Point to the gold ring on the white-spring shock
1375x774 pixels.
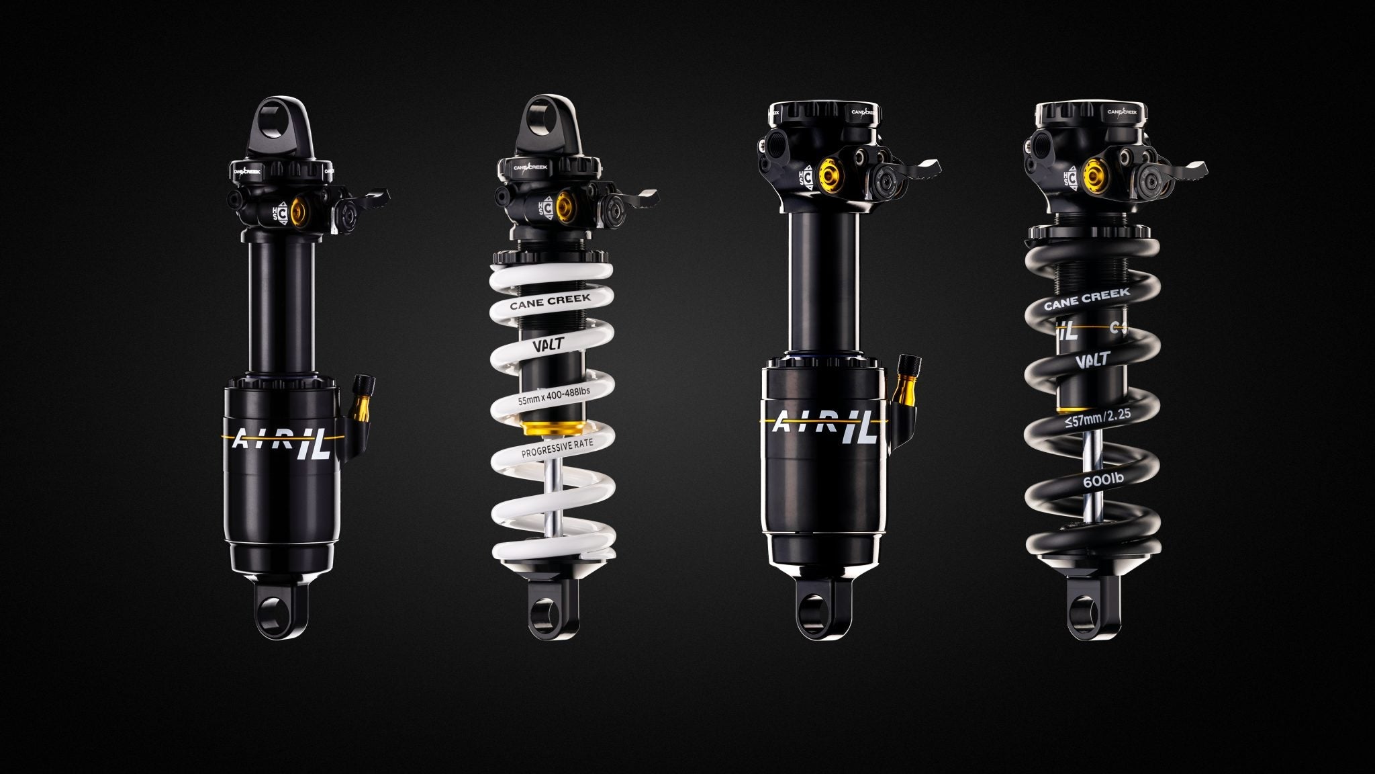click(551, 427)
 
